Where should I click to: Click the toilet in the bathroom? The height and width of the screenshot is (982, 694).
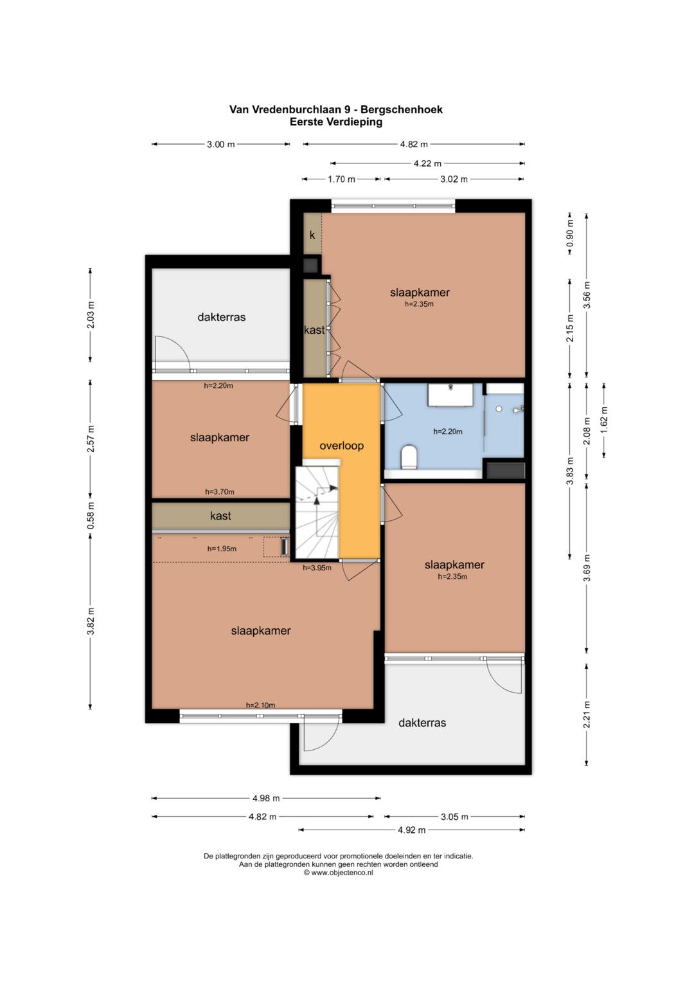tap(409, 457)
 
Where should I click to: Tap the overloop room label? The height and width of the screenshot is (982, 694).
tap(341, 446)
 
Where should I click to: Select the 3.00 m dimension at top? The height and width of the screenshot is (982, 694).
tap(221, 144)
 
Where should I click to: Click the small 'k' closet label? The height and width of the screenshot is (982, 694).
tap(312, 235)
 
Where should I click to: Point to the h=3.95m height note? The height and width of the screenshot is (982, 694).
tap(317, 568)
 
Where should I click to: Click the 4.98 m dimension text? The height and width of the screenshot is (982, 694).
tap(266, 798)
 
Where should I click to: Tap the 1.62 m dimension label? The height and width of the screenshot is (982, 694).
tap(604, 420)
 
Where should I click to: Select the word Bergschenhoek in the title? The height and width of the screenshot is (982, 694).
tap(402, 109)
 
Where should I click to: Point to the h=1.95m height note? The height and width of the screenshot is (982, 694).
tap(222, 549)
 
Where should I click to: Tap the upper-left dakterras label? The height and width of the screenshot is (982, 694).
tap(221, 317)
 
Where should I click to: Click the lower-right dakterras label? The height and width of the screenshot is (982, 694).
tap(422, 723)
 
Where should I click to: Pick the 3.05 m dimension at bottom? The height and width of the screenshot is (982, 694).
tap(454, 817)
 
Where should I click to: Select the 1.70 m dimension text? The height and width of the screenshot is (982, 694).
tap(341, 179)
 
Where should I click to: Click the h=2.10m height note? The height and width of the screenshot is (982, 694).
tap(260, 705)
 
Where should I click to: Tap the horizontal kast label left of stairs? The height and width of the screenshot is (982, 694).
tap(220, 516)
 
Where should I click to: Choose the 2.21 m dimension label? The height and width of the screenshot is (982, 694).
tap(587, 714)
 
